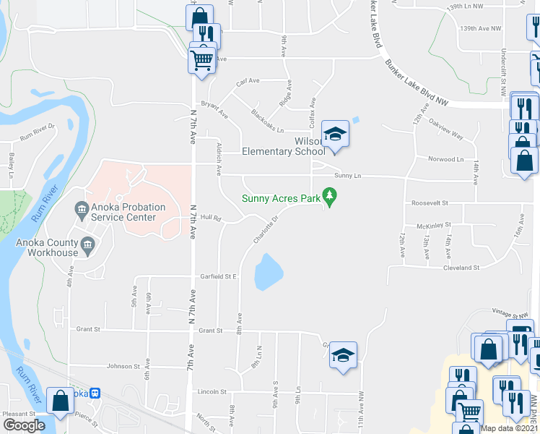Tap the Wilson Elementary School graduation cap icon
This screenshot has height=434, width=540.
pyautogui.click(x=334, y=135)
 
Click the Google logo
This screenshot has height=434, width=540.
pyautogui.click(x=24, y=425)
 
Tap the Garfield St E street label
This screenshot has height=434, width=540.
pyautogui.click(x=219, y=276)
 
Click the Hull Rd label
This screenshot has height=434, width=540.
pyautogui.click(x=210, y=217)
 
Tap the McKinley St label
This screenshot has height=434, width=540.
pyautogui.click(x=435, y=225)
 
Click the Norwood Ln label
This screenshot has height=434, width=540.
pyautogui.click(x=446, y=159)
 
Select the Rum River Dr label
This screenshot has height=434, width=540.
pyautogui.click(x=38, y=132)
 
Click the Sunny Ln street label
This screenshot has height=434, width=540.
pyautogui.click(x=347, y=176)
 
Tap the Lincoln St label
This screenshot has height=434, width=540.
pyautogui.click(x=212, y=392)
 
